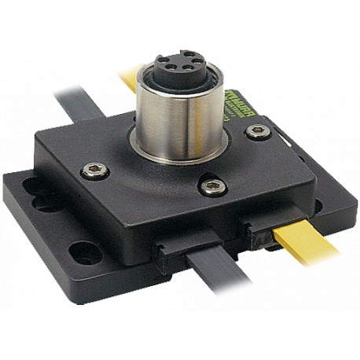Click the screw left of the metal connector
coord(95,171)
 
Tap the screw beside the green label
coord(259,131)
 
